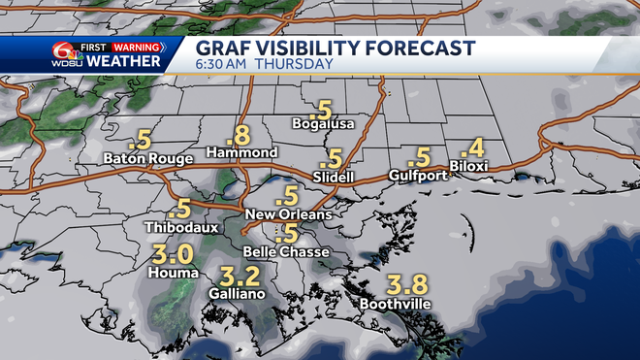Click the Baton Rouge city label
coord(142,158)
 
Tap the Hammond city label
coord(242,152)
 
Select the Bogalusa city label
coord(324,124)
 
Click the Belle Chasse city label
coord(287,251)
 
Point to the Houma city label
coord(170,273)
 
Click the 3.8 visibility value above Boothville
coord(406,284)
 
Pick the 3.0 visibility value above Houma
coord(174,255)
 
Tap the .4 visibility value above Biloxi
coord(472,148)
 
